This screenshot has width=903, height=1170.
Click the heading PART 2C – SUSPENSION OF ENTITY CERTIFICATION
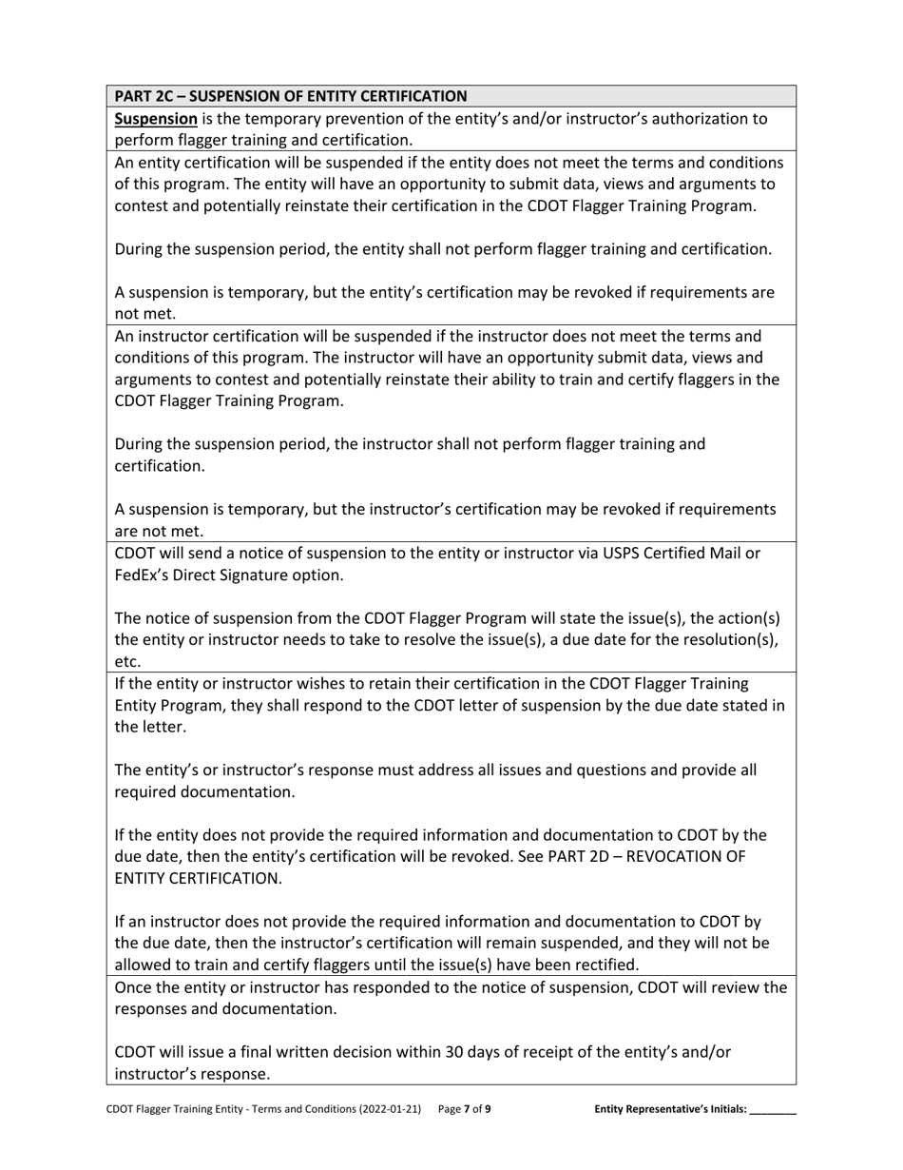tap(290, 96)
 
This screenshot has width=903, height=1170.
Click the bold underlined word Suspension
tap(156, 119)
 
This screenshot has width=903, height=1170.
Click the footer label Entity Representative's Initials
tap(670, 1109)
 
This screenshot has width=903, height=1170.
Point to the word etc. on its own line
tap(127, 661)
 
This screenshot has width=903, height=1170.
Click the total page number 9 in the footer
tap(489, 1109)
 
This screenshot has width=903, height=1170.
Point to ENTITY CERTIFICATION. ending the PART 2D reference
tap(198, 878)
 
